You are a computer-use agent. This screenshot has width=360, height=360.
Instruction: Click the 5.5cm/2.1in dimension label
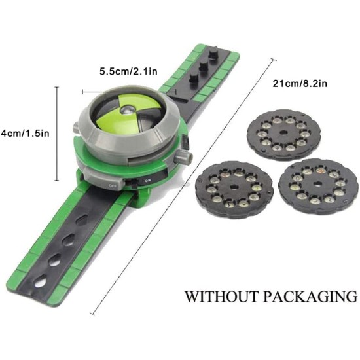pos(128,71)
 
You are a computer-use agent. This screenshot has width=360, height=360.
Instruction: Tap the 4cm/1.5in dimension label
pos(25,133)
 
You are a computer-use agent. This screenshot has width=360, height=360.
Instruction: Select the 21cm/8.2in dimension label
pos(300,84)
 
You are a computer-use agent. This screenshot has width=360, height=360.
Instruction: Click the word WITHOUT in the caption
pos(221,297)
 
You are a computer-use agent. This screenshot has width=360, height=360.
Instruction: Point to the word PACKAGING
pos(310,297)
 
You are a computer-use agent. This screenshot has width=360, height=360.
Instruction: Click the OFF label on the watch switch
pos(113,185)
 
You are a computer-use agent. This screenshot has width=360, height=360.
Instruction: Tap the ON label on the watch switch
pos(147,181)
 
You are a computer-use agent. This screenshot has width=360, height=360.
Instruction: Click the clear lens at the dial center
pos(126,110)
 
